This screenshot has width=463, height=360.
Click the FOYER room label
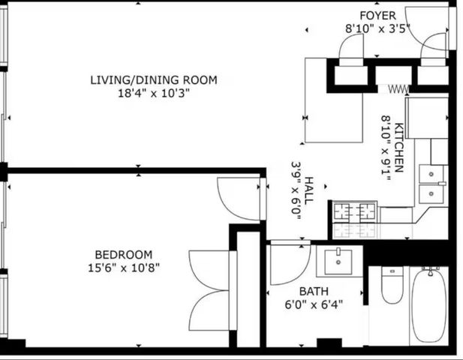tap(373, 16)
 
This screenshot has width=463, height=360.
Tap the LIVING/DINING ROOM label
tap(153, 80)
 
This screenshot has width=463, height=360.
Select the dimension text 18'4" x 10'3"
tap(153, 94)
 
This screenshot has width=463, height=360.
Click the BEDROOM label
tap(123, 254)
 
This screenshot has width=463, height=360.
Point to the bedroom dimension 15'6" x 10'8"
tap(123, 267)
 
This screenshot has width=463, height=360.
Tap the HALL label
tap(308, 187)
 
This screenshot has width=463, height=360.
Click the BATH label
tap(313, 291)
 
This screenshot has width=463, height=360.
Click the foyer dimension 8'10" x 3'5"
tap(373, 28)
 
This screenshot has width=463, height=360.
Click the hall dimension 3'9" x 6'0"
tap(295, 187)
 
